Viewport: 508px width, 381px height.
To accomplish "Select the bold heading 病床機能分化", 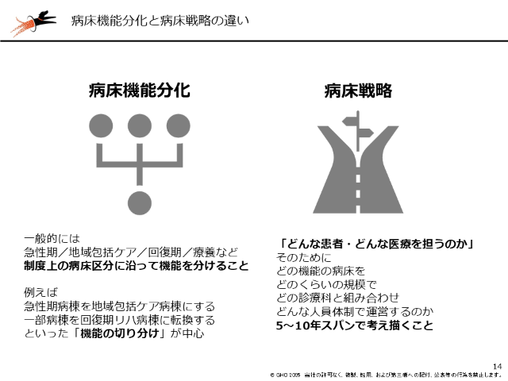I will [x=139, y=90].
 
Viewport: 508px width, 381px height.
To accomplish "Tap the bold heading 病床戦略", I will [x=358, y=90].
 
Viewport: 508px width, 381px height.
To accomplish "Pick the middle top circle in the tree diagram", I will [x=140, y=125].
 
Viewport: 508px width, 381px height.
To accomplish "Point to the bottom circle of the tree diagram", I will [x=140, y=202].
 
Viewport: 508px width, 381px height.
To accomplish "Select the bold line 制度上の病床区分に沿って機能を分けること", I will [x=136, y=266].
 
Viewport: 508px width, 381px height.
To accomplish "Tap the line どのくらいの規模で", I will [x=325, y=283].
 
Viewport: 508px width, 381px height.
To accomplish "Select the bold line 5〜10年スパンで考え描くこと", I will [x=355, y=325].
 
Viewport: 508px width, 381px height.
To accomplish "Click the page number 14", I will [x=497, y=364].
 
